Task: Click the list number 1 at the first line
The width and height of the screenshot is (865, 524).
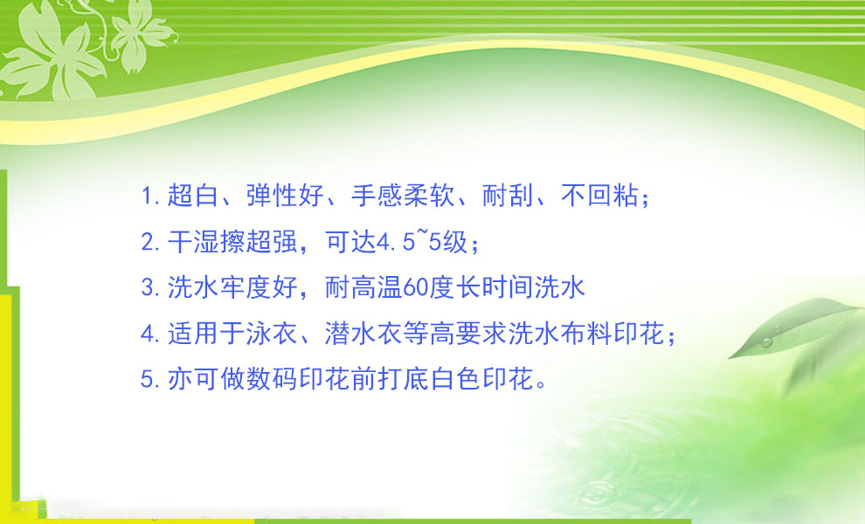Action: pyautogui.click(x=146, y=196)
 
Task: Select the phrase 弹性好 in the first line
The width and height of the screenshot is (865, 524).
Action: pyautogui.click(x=285, y=196)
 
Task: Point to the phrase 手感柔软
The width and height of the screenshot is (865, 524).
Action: pyautogui.click(x=403, y=196)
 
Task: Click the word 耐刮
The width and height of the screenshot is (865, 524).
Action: pyautogui.click(x=508, y=196)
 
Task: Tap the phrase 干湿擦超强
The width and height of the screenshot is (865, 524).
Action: pyautogui.click(x=232, y=242)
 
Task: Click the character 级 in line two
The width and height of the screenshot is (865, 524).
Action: pyautogui.click(x=455, y=242)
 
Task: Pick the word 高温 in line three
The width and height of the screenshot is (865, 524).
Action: pyautogui.click(x=377, y=287)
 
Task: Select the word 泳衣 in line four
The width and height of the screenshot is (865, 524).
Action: pyautogui.click(x=272, y=334)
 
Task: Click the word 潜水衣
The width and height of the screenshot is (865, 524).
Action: pyautogui.click(x=363, y=334)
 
